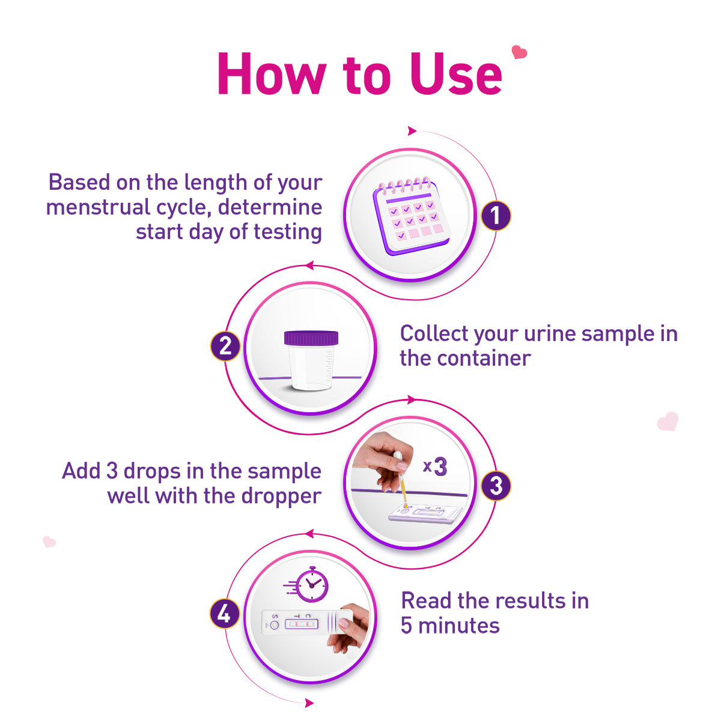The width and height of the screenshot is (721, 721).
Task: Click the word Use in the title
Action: click(456, 74)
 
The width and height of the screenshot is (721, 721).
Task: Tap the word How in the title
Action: click(272, 74)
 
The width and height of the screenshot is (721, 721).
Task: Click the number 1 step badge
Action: click(496, 216)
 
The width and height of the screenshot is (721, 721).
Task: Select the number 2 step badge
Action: click(225, 346)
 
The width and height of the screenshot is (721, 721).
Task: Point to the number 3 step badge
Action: click(496, 485)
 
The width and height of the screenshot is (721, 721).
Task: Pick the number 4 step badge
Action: click(225, 614)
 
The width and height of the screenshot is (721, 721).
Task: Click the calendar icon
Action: click(411, 216)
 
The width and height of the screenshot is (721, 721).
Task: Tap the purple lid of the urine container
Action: click(311, 338)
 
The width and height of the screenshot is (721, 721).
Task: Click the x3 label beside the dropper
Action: click(435, 467)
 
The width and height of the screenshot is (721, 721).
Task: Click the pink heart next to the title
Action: click(519, 52)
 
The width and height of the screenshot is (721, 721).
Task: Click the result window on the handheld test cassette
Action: click(302, 624)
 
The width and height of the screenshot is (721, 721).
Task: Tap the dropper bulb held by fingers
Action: click(397, 458)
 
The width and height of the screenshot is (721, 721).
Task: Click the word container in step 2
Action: click(484, 359)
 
